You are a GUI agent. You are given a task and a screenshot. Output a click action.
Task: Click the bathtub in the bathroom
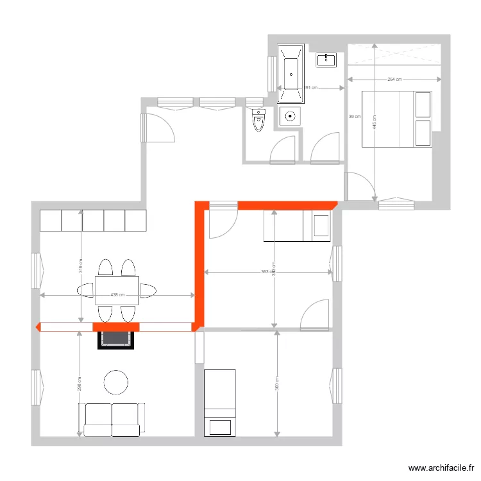[291, 74]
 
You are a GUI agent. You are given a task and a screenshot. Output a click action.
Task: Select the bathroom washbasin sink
[326, 60]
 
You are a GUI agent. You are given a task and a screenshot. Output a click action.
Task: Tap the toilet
[259, 120]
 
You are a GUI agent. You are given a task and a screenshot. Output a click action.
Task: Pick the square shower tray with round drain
[291, 116]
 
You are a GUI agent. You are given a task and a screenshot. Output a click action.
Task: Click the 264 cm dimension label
[394, 80]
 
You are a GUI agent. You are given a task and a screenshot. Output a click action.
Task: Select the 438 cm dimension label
[117, 295]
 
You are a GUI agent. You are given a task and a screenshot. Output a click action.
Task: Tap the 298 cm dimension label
[80, 384]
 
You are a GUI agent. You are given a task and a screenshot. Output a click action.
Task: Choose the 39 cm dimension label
[354, 117]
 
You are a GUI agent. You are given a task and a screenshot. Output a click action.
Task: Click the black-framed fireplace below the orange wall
[116, 337]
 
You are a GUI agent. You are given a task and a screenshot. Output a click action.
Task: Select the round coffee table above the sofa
[117, 382]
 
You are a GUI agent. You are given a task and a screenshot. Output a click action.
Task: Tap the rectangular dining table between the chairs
[117, 289]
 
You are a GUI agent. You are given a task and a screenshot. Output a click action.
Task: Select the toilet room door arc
[283, 148]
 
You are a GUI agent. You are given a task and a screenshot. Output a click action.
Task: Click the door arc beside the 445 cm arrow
[359, 186]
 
